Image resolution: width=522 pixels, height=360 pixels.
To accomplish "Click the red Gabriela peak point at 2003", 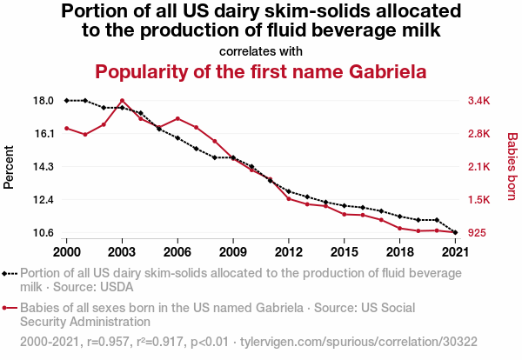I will [122, 101].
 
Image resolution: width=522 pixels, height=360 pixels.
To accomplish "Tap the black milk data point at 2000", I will [66, 101].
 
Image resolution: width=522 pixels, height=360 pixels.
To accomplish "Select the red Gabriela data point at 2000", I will [66, 129].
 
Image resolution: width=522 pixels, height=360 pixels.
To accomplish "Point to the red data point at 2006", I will [177, 118].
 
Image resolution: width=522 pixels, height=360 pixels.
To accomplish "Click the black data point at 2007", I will [196, 149].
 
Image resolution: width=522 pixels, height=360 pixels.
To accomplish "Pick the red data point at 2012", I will [288, 198].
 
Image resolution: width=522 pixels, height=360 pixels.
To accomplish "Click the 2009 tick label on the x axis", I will [233, 251].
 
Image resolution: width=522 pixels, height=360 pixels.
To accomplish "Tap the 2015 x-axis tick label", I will [344, 251].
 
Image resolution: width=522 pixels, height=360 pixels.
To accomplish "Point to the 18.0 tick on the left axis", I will [43, 101].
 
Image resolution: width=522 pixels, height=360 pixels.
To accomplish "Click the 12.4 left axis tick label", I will [43, 200].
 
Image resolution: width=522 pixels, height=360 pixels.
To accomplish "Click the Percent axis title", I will [10, 167].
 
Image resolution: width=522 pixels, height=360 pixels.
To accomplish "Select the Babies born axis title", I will [512, 167].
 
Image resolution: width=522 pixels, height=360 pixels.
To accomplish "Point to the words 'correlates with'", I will [261, 50].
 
